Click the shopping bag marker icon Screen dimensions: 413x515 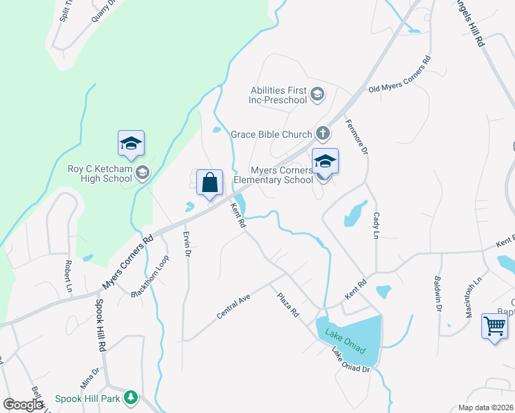coord(210,183)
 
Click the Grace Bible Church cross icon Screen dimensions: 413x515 coord(322,134)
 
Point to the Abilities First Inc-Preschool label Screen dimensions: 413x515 coord(278,94)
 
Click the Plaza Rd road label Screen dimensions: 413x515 coord(288,304)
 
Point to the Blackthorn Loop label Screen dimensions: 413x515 coord(150,277)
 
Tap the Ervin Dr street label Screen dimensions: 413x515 coord(186,244)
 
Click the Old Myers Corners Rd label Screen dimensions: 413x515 coord(399,74)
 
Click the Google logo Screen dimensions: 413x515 coord(23,405)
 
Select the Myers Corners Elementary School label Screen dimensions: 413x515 coord(273,175)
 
